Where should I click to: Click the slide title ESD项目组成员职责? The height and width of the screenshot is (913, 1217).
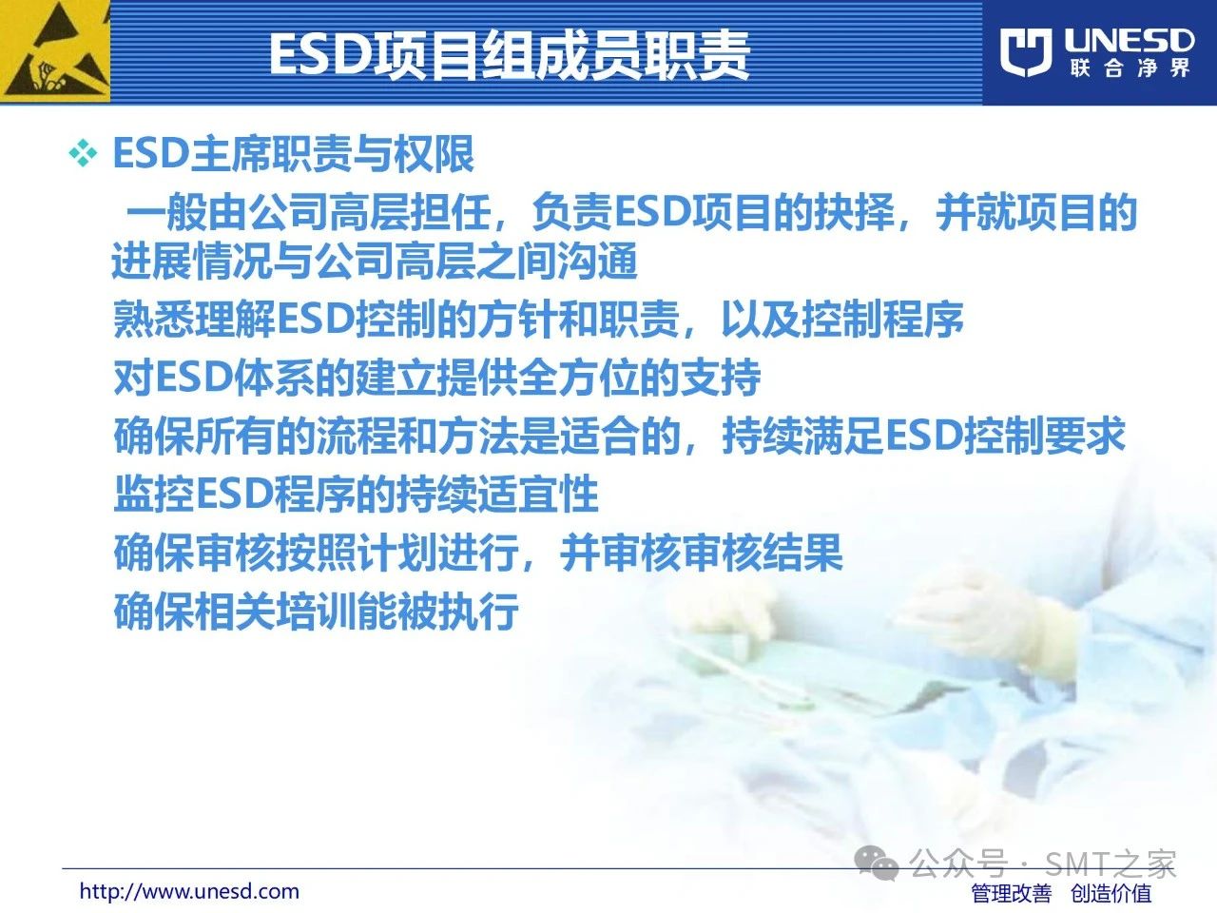510,54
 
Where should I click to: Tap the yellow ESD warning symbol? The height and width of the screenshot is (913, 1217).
55,51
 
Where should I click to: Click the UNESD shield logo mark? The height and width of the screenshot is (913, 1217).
1026,51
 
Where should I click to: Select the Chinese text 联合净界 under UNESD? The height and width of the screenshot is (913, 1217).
1130,68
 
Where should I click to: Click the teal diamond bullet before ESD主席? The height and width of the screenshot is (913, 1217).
83,154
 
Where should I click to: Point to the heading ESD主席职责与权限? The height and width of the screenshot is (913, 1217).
293,153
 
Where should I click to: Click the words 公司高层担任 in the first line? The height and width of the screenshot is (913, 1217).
370,212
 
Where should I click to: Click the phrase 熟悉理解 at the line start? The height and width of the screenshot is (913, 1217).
194,320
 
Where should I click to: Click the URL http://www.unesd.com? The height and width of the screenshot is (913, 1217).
189,891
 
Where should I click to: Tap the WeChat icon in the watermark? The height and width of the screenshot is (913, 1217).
877,864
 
